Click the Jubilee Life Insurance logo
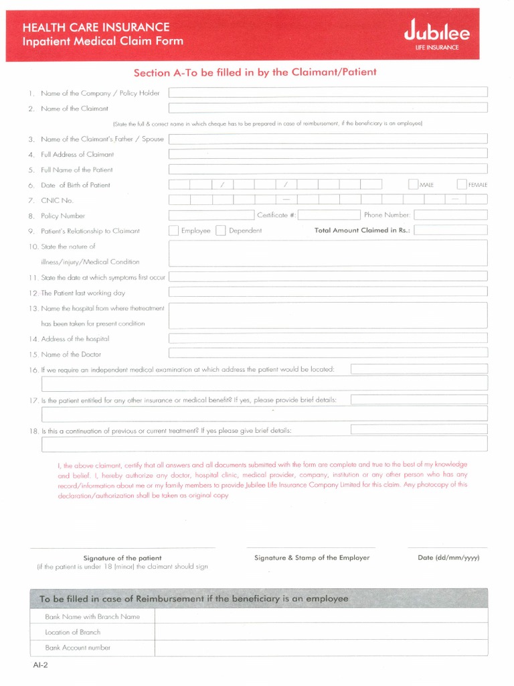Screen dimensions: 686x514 [x=436, y=36]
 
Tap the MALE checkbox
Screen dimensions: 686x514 [x=413, y=184]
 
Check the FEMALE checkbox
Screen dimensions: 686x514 [x=462, y=184]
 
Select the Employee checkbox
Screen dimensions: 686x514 [x=173, y=230]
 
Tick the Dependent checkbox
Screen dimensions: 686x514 [x=220, y=230]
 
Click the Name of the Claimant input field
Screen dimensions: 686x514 [x=327, y=108]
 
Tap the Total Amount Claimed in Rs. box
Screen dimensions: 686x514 [x=450, y=230]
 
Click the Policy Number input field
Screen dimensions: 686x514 [x=211, y=215]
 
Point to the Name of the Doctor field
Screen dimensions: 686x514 [x=327, y=353]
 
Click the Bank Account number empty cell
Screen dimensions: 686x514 [x=321, y=648]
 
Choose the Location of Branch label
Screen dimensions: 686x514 [x=72, y=632]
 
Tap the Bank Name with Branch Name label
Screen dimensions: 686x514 [x=92, y=616]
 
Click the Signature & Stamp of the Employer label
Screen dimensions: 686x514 [x=312, y=557]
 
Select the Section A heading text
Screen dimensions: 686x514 [x=255, y=72]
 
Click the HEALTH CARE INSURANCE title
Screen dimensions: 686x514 [x=96, y=27]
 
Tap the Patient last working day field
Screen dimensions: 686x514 [x=327, y=292]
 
